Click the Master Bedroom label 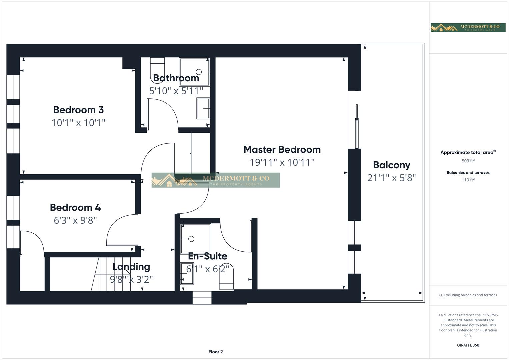pyautogui.click(x=282, y=150)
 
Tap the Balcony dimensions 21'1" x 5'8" pyautogui.click(x=391, y=178)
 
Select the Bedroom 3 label pyautogui.click(x=78, y=110)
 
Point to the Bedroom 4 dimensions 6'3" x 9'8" pyautogui.click(x=75, y=220)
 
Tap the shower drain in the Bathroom pyautogui.click(x=199, y=72)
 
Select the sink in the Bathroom pyautogui.click(x=203, y=108)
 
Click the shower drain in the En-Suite pyautogui.click(x=191, y=239)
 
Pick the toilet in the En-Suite pyautogui.click(x=226, y=276)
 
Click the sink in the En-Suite pyautogui.click(x=187, y=273)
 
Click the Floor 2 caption pyautogui.click(x=216, y=352)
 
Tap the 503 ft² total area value pyautogui.click(x=468, y=161)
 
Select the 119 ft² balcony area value pyautogui.click(x=468, y=180)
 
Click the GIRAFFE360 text pyautogui.click(x=468, y=345)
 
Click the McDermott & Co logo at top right pyautogui.click(x=468, y=28)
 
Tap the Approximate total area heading pyautogui.click(x=468, y=152)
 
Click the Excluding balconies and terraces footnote pyautogui.click(x=468, y=295)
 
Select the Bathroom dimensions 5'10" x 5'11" pyautogui.click(x=176, y=91)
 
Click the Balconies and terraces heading pyautogui.click(x=468, y=173)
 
